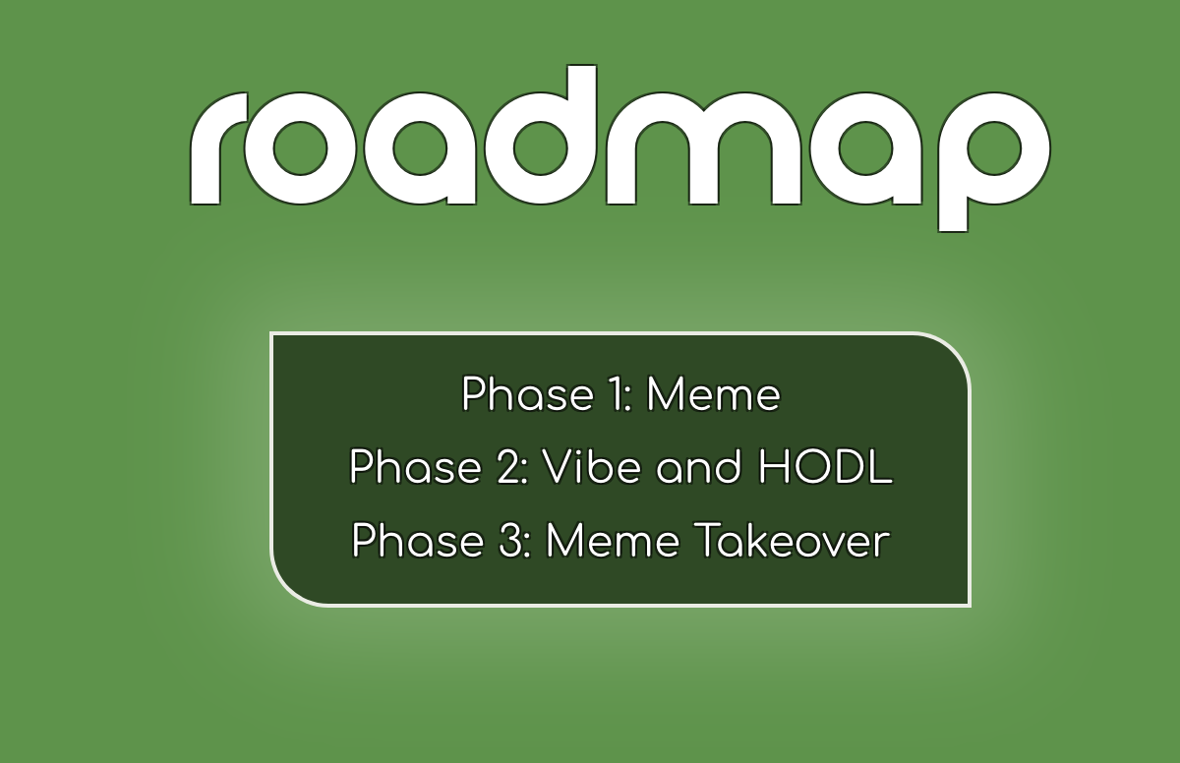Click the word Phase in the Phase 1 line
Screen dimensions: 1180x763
(527, 393)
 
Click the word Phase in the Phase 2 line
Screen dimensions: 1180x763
(415, 466)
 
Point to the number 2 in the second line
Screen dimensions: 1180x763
(509, 466)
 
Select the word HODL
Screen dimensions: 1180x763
(825, 466)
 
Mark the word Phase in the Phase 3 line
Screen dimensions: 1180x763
(417, 540)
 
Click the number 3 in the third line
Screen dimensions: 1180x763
(510, 540)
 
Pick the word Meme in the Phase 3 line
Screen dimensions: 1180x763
(613, 540)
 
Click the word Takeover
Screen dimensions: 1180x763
(793, 540)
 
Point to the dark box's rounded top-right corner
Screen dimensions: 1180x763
(955, 350)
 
